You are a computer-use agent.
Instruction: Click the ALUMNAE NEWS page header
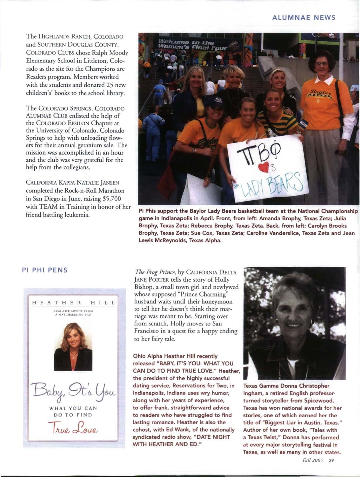(304, 17)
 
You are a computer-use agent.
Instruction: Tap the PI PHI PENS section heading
(45, 270)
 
